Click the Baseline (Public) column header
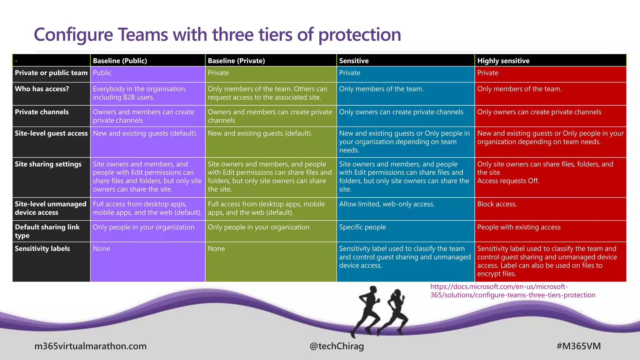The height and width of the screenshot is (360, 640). [x=120, y=61]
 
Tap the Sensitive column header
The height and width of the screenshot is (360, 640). [x=354, y=61]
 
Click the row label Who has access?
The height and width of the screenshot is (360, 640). [x=42, y=89]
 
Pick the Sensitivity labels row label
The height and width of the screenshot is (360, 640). [x=42, y=249]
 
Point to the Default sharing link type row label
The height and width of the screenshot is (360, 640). [x=47, y=231]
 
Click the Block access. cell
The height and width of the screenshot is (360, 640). [x=497, y=204]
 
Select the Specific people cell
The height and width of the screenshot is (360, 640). [x=362, y=227]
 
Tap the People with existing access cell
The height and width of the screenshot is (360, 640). [x=519, y=227]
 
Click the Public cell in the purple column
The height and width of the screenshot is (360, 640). [x=102, y=73]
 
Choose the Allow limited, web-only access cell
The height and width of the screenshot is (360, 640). [x=387, y=204]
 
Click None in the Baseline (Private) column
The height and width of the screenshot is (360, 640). [x=216, y=249]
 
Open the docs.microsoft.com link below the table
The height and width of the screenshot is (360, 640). [x=512, y=291]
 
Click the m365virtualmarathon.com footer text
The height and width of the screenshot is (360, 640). [x=91, y=346]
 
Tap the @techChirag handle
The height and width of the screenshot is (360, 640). [x=337, y=346]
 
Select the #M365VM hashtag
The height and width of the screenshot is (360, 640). [x=578, y=346]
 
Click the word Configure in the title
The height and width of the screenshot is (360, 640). [x=73, y=35]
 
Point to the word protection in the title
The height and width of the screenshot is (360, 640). [x=359, y=35]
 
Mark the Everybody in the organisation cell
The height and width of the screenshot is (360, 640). [x=139, y=93]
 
